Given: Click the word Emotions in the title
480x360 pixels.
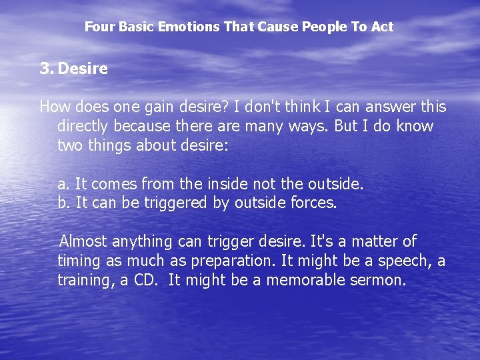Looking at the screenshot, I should (x=187, y=27).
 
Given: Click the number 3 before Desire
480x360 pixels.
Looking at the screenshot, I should (x=45, y=69).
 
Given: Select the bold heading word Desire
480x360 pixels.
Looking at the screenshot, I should (x=83, y=69).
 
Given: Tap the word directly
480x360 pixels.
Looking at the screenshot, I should (x=86, y=127).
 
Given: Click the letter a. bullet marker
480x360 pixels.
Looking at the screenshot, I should (x=63, y=184).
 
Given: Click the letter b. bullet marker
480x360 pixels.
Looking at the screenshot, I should (x=63, y=203).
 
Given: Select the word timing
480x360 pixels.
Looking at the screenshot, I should (x=79, y=261).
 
